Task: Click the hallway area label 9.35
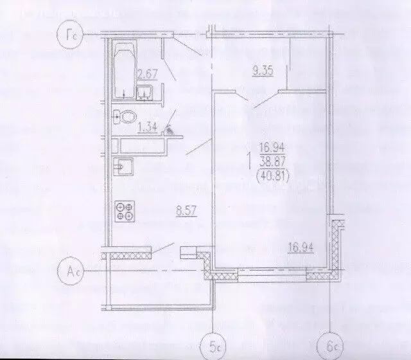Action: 264,71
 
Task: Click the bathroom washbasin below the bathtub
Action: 146,94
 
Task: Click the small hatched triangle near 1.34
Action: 170,129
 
